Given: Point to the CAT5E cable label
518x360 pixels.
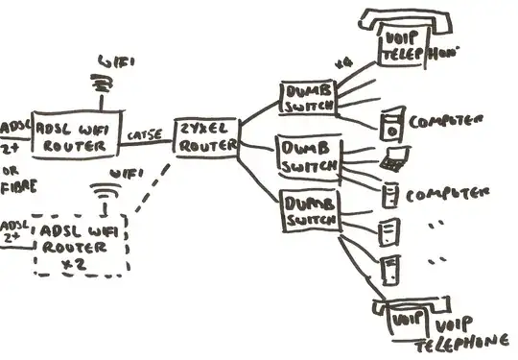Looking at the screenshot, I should pos(145,135).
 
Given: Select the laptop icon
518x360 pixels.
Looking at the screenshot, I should pos(392,160).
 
